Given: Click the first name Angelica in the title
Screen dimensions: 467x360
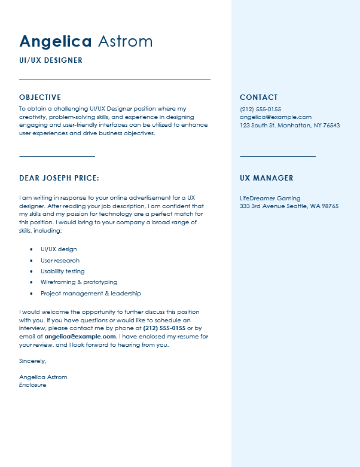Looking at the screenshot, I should (55, 41).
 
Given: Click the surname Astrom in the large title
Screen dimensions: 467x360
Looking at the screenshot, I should (125, 41).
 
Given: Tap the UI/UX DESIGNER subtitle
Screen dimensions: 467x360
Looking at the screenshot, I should (51, 60).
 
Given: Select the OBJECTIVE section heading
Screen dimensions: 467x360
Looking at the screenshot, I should (40, 97).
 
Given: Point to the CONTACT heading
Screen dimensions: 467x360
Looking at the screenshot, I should (258, 97).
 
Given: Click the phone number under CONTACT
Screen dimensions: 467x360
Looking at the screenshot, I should (260, 109).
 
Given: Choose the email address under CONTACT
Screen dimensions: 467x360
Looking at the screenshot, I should (276, 117).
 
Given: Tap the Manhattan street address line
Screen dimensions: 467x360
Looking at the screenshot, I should (289, 126).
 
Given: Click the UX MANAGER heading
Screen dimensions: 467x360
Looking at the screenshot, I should (266, 178).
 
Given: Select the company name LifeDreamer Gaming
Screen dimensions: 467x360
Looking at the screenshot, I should (270, 199).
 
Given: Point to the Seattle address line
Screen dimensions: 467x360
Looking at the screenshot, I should (289, 206).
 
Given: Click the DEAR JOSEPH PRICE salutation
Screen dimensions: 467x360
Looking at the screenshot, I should (59, 178).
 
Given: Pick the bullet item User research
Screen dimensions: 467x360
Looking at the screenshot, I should (60, 261).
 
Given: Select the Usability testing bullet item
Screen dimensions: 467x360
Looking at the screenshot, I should (62, 271).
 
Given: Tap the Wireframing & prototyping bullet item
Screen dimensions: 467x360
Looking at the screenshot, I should (78, 282).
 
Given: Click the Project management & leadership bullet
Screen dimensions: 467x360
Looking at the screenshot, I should (90, 294).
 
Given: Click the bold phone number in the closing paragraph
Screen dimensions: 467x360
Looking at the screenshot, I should (164, 328).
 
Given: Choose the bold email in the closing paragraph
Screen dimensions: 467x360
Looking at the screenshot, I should (80, 337).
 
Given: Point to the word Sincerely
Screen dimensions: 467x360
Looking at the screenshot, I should (32, 361).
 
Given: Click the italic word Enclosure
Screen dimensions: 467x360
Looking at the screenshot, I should (32, 385).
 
